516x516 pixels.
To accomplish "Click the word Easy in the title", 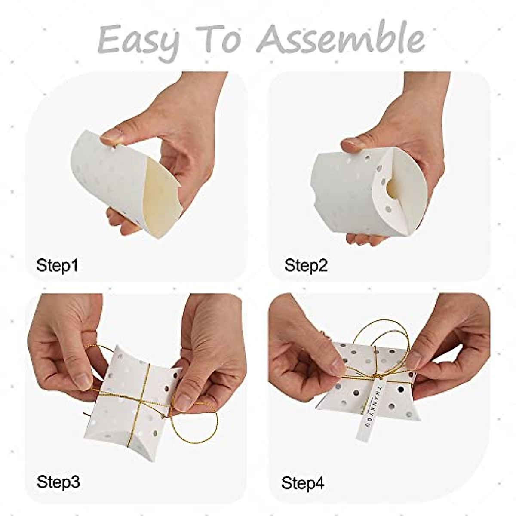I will pyautogui.click(x=138, y=40).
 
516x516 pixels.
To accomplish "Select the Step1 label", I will pyautogui.click(x=57, y=265).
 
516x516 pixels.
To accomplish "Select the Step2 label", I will pyautogui.click(x=306, y=265).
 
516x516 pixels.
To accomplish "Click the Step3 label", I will pyautogui.click(x=58, y=482).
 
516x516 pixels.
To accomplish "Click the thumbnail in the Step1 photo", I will pyautogui.click(x=111, y=137).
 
